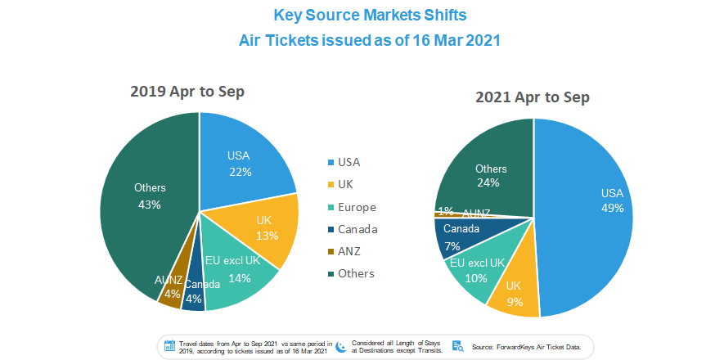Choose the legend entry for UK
point(340,185)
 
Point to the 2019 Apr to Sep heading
point(187,91)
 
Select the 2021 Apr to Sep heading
point(533,97)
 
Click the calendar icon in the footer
point(170,346)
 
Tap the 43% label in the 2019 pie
point(149,204)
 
